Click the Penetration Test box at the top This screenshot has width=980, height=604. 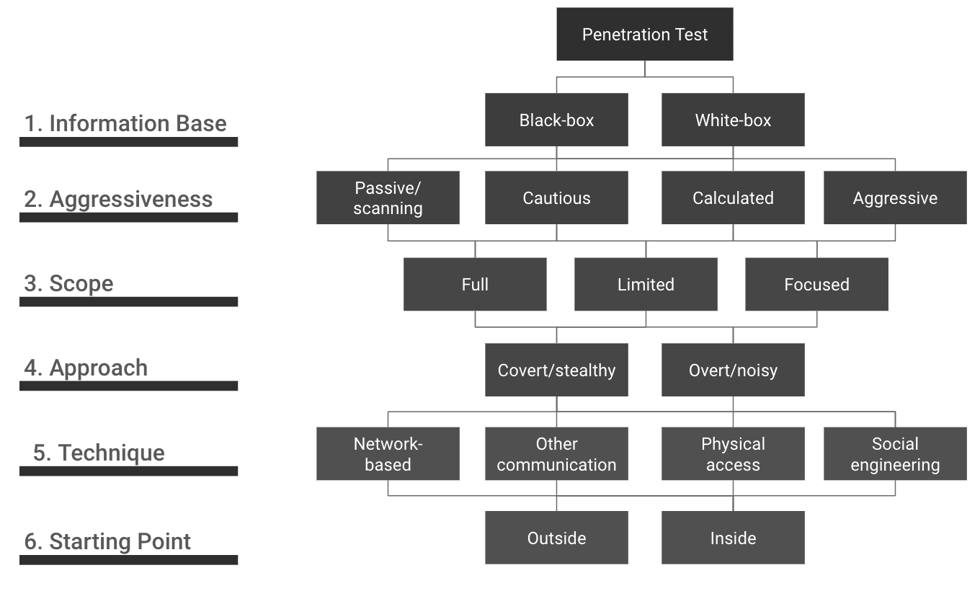click(644, 35)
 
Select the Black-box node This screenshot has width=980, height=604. click(556, 120)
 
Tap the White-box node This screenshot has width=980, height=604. click(733, 120)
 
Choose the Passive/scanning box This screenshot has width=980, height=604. click(388, 197)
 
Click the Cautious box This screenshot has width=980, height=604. click(556, 197)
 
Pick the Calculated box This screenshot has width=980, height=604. click(733, 197)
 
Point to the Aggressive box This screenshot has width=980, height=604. click(895, 197)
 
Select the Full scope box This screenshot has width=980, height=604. click(475, 284)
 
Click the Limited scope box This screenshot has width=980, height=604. click(646, 284)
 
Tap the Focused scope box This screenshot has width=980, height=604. click(816, 284)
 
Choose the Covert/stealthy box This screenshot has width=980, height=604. click(556, 370)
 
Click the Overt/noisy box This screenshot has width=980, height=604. click(733, 370)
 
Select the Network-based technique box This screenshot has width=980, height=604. click(388, 454)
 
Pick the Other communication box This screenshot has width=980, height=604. click(556, 454)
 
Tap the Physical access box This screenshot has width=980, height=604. click(733, 454)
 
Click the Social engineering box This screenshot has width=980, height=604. click(895, 454)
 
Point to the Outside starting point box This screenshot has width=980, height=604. click(556, 538)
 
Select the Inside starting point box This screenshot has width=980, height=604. click(733, 538)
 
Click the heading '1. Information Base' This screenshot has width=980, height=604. click(125, 123)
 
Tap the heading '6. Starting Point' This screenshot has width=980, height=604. click(107, 541)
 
